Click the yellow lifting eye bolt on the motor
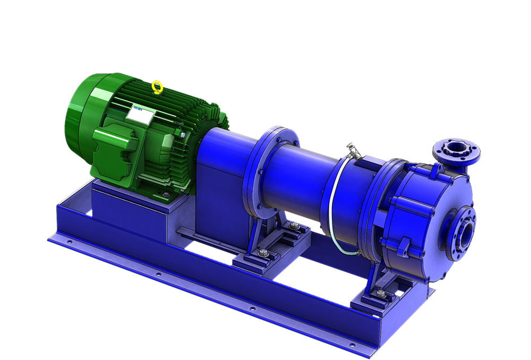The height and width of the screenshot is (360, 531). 157,87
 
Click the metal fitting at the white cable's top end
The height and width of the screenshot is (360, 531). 353,150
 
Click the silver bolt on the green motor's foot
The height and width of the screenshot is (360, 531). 167,195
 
